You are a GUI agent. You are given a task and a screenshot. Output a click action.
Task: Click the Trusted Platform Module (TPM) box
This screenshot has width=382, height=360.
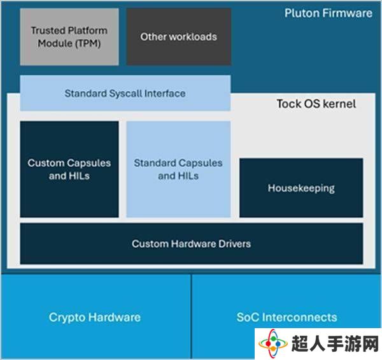coord(69,37)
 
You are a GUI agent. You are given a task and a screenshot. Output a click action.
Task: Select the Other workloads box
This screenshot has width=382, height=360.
coord(179,37)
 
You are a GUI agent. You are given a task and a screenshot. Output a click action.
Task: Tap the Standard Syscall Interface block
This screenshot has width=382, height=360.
coord(125,93)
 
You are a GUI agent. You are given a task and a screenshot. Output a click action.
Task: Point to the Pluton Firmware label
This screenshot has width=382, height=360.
coord(329,13)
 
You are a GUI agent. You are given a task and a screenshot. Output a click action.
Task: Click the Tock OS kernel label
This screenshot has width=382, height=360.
coord(316,104)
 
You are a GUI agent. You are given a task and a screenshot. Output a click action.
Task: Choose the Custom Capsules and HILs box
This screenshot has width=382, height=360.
coord(69,169)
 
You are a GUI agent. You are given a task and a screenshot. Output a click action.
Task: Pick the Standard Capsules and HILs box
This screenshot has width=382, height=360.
coord(178,169)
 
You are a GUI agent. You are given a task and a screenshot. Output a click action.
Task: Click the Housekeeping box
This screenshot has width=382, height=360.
coord(301,188)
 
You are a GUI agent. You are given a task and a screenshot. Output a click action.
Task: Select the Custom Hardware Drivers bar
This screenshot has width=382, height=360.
coord(192,243)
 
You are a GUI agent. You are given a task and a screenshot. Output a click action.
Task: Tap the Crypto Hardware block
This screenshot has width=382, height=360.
coord(95,317)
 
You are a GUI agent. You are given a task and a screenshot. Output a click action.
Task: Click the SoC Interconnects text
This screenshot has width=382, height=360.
coord(286,317)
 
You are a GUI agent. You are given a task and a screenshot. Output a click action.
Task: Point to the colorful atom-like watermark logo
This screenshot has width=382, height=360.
coord(273,343)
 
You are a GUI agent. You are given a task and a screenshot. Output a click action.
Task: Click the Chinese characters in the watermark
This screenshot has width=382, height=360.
coord(335,344)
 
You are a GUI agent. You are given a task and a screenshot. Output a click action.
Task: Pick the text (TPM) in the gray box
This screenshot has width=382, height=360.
coord(88,43)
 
